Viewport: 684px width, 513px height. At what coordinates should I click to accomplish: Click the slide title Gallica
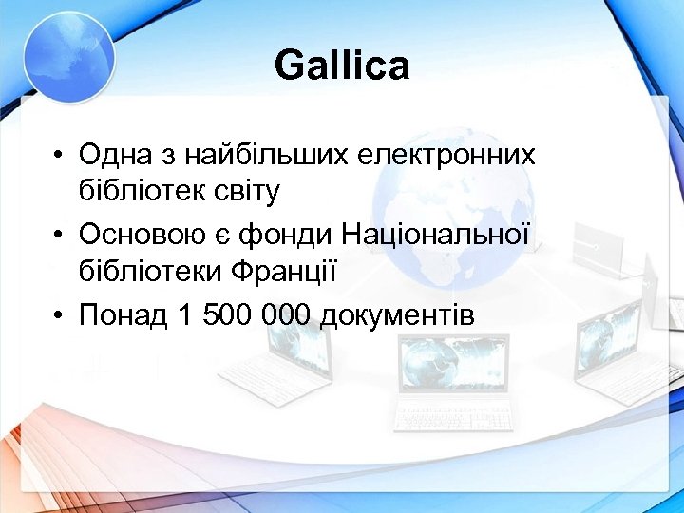342,66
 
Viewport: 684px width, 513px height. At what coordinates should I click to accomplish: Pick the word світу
250,192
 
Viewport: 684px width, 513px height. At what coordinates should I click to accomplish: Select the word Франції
285,273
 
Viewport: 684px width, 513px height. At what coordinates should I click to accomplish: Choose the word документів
397,314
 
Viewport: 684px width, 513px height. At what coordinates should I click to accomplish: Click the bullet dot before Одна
59,154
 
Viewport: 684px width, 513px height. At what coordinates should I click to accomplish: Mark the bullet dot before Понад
59,315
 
